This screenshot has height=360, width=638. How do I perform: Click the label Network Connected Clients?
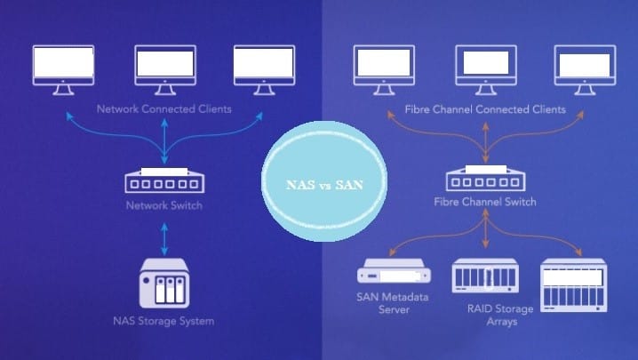coord(164,109)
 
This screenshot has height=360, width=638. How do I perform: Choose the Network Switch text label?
coord(164,206)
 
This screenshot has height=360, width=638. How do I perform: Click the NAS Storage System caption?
coord(164,320)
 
